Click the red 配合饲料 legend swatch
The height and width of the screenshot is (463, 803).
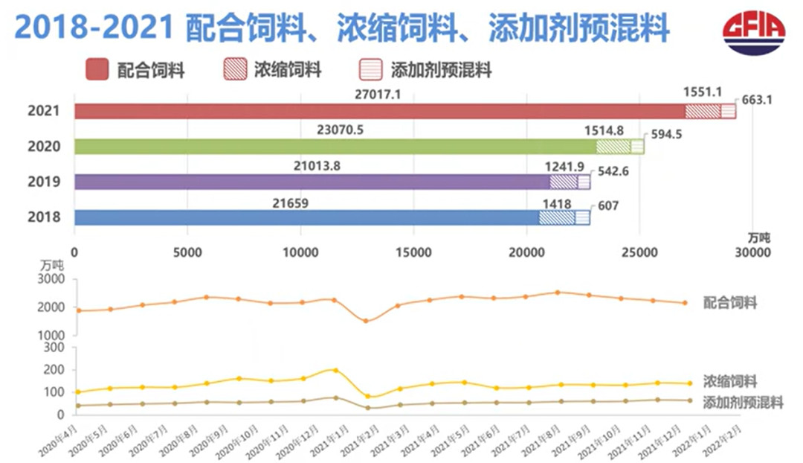pos(97,70)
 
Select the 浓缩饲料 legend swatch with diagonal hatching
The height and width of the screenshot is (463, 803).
pos(235,70)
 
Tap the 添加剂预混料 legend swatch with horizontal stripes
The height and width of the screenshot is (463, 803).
pos(370,70)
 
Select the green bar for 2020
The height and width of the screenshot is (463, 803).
pos(335,147)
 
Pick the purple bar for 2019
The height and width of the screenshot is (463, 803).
pos(312,182)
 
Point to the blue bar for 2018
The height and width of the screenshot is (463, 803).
pos(305,217)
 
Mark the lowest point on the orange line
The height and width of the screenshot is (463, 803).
pos(366,321)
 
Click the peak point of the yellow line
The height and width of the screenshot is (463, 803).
pos(335,370)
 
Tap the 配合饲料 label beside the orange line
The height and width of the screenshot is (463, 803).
pos(729,303)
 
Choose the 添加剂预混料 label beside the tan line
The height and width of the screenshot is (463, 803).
pos(743,403)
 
